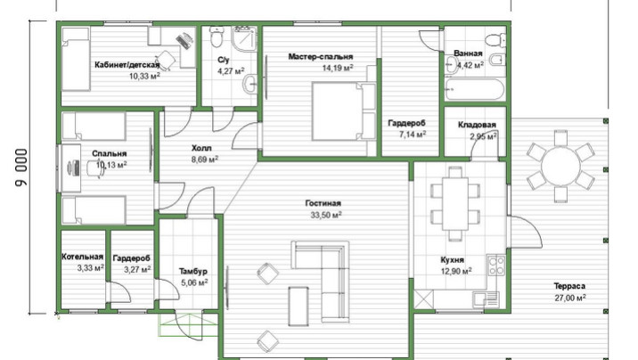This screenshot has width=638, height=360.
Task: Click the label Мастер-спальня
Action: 321,56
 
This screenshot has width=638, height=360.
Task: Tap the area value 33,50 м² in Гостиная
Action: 326,215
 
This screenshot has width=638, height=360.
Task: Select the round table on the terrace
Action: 560,166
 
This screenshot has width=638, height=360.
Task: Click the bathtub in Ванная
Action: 475,89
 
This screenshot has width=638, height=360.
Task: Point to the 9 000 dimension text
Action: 21,168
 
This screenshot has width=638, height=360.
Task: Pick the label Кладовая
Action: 477,125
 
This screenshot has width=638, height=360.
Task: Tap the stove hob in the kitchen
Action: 496,265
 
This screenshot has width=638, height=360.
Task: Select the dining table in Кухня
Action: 455,203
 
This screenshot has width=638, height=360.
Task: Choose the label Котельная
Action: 82,257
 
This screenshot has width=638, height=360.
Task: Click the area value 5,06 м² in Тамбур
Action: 194,282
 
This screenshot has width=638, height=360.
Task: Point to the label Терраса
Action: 569,286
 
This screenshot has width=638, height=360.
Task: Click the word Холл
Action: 201,148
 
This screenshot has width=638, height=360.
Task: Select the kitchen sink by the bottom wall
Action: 485,299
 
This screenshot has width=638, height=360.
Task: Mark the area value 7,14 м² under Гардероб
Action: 413,135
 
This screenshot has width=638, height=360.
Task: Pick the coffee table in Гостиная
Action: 299,306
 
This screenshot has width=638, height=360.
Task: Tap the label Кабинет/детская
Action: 127,65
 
